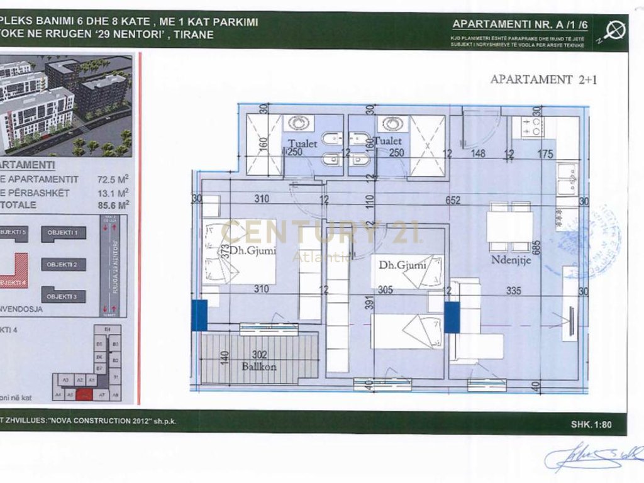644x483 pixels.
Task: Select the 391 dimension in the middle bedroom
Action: pos(360,305)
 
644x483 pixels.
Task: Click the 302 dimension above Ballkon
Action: pos(260,355)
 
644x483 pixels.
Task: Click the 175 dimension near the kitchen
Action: pos(545,153)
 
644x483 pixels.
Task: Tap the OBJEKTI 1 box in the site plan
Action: pos(64,233)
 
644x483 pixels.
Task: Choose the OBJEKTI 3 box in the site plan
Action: pos(64,296)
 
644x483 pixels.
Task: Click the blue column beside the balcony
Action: pos(199,316)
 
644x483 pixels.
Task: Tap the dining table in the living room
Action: pos(510,227)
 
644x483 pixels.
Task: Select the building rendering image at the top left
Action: pos(66,106)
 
